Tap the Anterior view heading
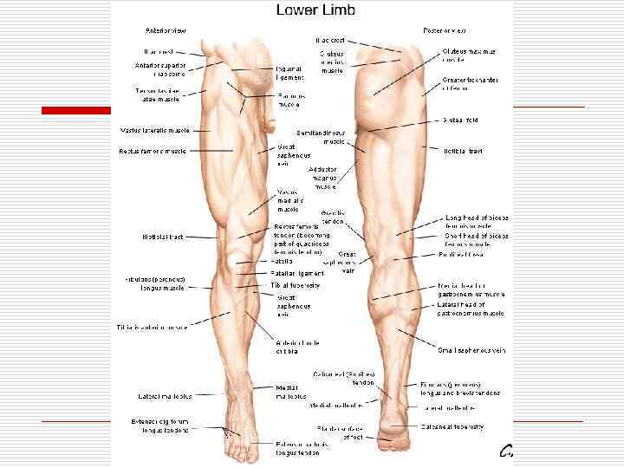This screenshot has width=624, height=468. [166, 31]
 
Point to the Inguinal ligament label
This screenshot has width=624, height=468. [289, 73]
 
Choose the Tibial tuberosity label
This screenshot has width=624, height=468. [296, 284]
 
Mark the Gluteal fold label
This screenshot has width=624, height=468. [460, 120]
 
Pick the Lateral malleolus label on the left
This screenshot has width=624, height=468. [164, 396]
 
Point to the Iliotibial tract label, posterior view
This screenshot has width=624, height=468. [462, 151]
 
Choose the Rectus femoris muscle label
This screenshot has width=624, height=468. [153, 151]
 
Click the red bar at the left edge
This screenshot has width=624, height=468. [75, 110]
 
